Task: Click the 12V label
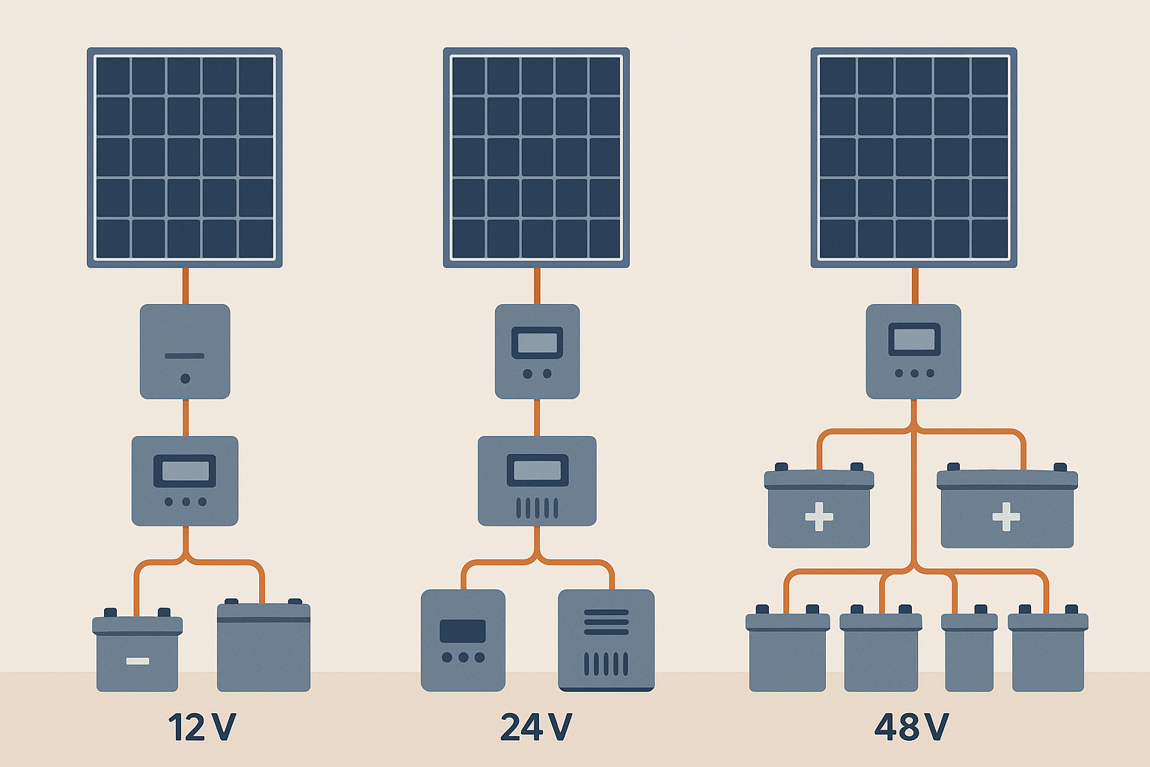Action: [x=201, y=727]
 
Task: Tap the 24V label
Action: [x=536, y=727]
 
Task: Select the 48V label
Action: [x=911, y=727]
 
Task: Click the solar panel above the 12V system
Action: [x=185, y=157]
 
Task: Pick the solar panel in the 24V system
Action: [x=536, y=157]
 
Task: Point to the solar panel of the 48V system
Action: [x=913, y=157]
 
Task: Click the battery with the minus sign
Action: [x=137, y=652]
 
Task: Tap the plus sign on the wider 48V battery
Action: [x=1006, y=516]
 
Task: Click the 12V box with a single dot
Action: [x=185, y=351]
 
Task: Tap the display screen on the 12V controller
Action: [x=185, y=471]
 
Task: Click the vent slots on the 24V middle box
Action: [x=537, y=508]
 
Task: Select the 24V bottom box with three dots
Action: [x=463, y=640]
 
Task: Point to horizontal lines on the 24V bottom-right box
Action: [x=606, y=622]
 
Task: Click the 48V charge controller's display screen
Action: [x=914, y=340]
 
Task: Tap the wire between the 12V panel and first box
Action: [x=185, y=285]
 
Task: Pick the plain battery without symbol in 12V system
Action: [x=264, y=648]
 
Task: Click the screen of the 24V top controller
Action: [x=537, y=343]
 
